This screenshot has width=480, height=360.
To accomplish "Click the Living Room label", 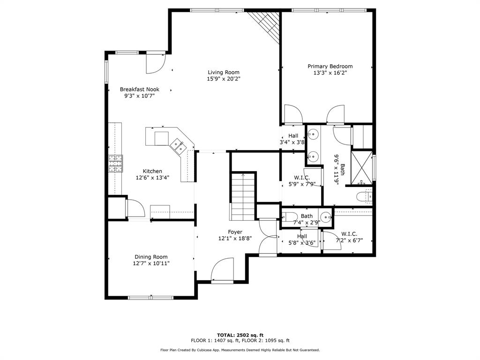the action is point(224,72).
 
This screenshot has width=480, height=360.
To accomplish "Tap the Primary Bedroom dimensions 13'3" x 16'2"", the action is point(330,73).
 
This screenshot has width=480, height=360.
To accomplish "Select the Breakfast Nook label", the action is point(140,90).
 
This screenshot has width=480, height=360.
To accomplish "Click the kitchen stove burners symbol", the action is point(115,164).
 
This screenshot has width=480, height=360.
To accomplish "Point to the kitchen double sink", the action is point(178,146).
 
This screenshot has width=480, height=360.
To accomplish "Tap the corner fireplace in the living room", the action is point(265,27).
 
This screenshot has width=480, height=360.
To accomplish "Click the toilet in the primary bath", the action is point(364,196).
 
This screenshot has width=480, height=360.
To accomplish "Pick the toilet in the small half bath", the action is point(289,217).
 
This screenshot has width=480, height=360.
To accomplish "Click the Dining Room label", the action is point(151,257).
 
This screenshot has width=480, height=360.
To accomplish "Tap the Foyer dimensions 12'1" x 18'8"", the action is point(235,239).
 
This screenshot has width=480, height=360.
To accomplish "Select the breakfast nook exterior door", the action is point(156,63).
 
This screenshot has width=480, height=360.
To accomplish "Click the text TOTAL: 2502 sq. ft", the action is point(240,335).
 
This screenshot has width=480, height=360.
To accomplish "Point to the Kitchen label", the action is point(152,171).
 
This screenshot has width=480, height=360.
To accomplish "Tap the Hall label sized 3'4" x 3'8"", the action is point(293,135).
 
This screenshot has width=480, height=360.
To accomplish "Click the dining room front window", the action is point(150,297).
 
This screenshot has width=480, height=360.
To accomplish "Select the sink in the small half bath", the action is point(326,217).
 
